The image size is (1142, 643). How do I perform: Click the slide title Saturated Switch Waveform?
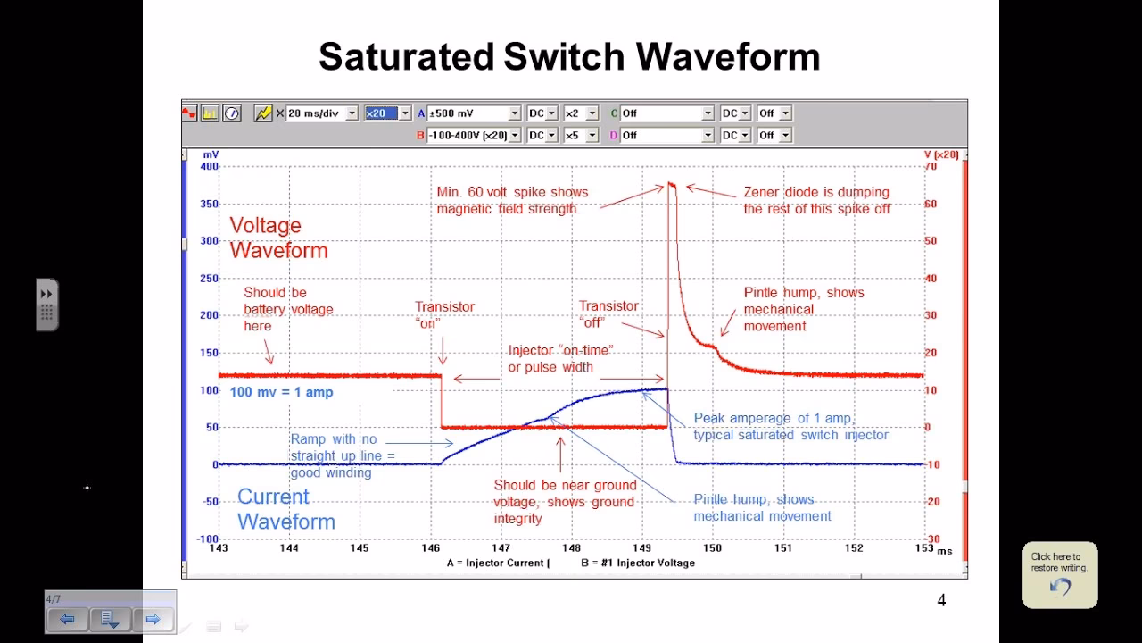click(569, 56)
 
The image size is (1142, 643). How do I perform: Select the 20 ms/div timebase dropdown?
click(321, 113)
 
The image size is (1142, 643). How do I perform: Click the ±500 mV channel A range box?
click(474, 113)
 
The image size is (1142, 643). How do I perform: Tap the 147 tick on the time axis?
click(501, 548)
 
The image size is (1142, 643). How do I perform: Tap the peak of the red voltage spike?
click(671, 185)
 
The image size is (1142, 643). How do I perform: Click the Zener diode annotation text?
click(816, 200)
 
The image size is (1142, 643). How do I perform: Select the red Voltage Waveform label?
click(278, 238)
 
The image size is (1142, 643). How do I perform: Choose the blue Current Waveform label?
click(285, 509)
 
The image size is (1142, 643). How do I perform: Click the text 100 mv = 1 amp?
click(281, 392)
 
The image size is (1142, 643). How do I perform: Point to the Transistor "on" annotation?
click(444, 314)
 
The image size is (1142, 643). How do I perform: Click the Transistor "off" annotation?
click(608, 313)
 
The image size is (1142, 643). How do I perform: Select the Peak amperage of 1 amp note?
click(790, 427)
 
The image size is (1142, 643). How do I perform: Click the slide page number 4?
click(941, 600)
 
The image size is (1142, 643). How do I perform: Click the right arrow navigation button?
click(153, 619)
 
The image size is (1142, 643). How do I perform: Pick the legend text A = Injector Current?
click(497, 564)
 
